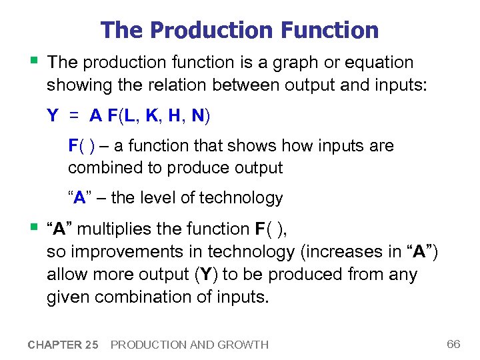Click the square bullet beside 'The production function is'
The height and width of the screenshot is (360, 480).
[33, 61]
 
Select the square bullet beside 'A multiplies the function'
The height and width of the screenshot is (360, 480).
[33, 227]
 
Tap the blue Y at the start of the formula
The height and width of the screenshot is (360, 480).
[52, 116]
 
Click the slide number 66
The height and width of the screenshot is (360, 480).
[453, 344]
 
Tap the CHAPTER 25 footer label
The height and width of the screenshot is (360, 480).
[63, 345]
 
